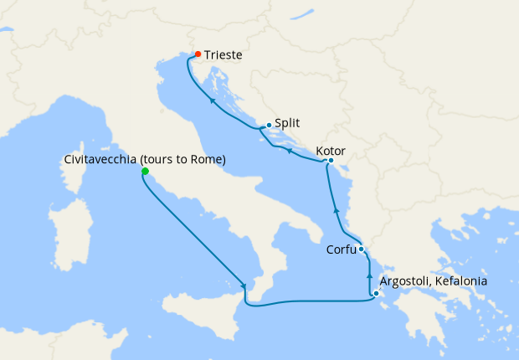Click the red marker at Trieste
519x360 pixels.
point(198,54)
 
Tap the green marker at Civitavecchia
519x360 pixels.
point(145,172)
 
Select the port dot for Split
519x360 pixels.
point(269,126)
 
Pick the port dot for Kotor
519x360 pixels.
point(331,161)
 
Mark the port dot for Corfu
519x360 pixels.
point(361,249)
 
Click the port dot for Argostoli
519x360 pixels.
point(376,293)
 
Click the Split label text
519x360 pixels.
point(287,122)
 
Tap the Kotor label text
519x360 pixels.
point(331,152)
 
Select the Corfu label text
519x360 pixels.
point(341,249)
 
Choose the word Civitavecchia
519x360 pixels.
point(100,159)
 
